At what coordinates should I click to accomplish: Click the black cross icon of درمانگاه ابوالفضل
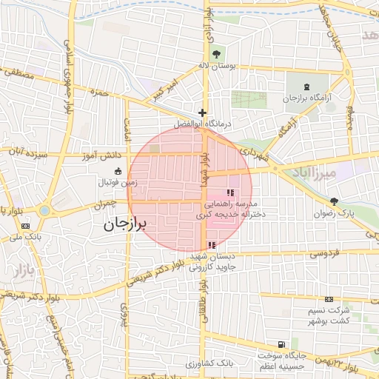tap(202, 113)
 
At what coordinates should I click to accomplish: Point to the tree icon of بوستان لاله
tap(216, 53)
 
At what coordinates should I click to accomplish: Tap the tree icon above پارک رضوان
tap(334, 201)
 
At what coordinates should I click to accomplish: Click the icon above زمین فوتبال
tap(118, 171)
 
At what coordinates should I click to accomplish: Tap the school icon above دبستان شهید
tap(212, 245)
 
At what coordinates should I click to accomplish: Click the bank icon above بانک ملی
tap(27, 226)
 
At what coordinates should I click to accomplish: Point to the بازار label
tap(23, 269)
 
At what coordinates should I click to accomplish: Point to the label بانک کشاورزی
tap(210, 364)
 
